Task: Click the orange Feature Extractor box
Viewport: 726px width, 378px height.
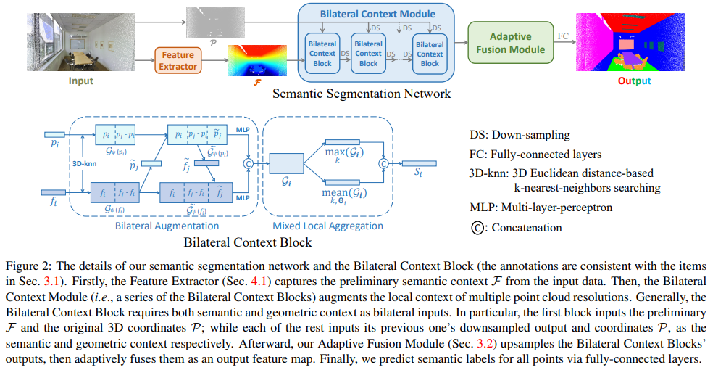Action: pyautogui.click(x=178, y=60)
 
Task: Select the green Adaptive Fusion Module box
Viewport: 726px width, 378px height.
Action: pyautogui.click(x=517, y=43)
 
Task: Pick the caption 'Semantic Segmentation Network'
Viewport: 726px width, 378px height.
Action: pyautogui.click(x=362, y=94)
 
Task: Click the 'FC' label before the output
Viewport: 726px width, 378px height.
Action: pyautogui.click(x=562, y=36)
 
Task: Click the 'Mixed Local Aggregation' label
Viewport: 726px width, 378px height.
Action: pyautogui.click(x=328, y=226)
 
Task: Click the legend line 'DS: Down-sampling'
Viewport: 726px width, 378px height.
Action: pyautogui.click(x=519, y=135)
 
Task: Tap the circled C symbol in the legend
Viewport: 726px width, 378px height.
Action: pyautogui.click(x=477, y=228)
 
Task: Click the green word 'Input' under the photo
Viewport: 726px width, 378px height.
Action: pyautogui.click(x=80, y=81)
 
